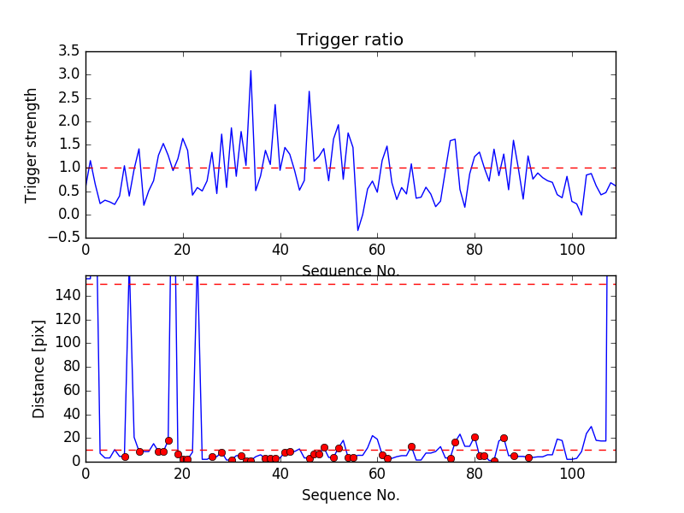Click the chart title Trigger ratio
[x=350, y=40]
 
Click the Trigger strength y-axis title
[x=32, y=144]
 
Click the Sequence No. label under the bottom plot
[x=350, y=495]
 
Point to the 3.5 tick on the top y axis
[x=68, y=51]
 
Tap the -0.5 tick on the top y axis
[x=64, y=238]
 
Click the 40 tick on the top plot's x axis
[x=280, y=250]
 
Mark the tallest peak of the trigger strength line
[x=251, y=70]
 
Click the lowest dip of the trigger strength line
[x=358, y=230]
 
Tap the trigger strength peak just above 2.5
[x=309, y=91]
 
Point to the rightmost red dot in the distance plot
[x=528, y=457]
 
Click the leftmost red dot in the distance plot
[x=125, y=457]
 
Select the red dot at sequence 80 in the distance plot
[x=475, y=437]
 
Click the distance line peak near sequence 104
[x=591, y=427]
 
